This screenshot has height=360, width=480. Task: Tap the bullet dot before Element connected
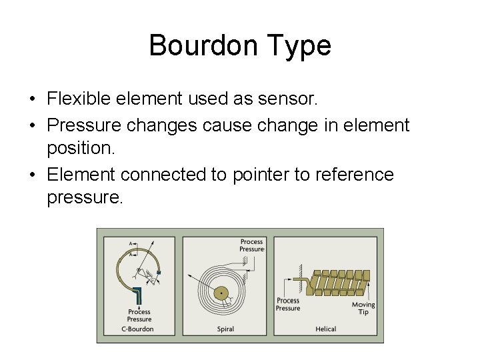click(x=32, y=175)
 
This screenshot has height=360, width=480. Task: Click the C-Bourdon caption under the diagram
click(x=139, y=329)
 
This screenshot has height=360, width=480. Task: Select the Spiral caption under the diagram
click(x=225, y=329)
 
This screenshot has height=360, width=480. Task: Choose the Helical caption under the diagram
click(x=325, y=329)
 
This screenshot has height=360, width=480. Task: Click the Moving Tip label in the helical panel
click(x=363, y=308)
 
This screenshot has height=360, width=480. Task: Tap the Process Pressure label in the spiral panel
click(x=252, y=245)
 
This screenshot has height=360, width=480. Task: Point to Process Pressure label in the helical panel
click(x=288, y=304)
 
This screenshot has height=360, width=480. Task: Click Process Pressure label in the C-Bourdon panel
click(x=139, y=315)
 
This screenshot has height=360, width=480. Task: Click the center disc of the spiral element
click(x=219, y=293)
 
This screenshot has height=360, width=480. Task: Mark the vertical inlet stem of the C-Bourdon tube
click(x=139, y=297)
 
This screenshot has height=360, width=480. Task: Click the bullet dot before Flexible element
click(x=32, y=100)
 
